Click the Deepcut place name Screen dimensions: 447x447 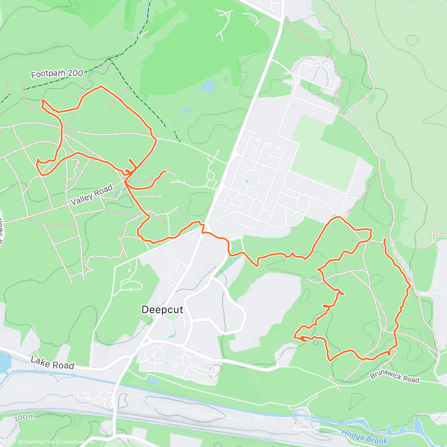pyautogui.click(x=162, y=310)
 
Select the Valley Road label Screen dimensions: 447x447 pyautogui.click(x=92, y=195)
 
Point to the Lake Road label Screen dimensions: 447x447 pyautogui.click(x=53, y=363)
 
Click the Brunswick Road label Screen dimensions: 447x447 pyautogui.click(x=394, y=377)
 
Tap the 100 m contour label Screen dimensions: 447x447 pyautogui.click(x=25, y=418)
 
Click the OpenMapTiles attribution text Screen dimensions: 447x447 pyautogui.click(x=37, y=442)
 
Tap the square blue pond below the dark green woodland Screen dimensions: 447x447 pyautogui.click(x=209, y=87)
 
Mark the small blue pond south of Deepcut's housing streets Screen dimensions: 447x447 pyautogui.click(x=152, y=381)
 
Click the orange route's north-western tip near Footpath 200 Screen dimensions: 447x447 pyautogui.click(x=42, y=101)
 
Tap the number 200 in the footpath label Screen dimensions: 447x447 pyautogui.click(x=76, y=73)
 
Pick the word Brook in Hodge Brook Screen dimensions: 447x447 pyautogui.click(x=375, y=439)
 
